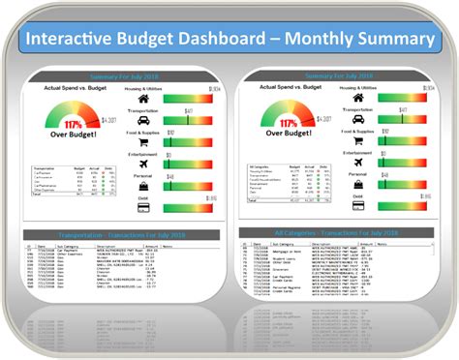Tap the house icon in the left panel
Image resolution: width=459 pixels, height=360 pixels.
click(143, 99)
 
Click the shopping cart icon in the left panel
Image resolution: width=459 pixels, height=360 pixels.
click(143, 143)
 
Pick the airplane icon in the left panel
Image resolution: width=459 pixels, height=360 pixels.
click(143, 164)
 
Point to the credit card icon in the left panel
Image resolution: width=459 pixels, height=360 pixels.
click(143, 207)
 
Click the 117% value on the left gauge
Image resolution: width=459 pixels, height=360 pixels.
click(72, 125)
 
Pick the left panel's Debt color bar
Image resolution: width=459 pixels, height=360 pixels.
click(184, 208)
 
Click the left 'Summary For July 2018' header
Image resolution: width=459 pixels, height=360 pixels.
click(122, 76)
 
